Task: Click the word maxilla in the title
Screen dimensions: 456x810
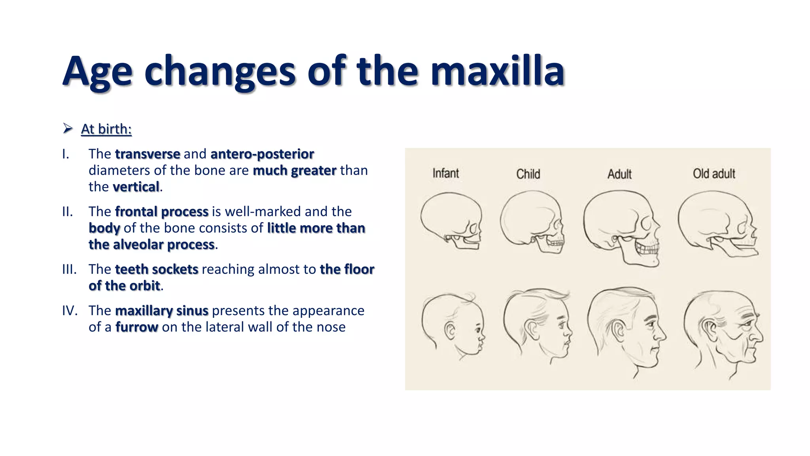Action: (x=497, y=72)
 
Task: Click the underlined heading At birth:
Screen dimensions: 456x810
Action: (x=106, y=129)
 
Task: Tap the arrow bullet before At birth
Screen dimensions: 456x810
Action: (x=68, y=128)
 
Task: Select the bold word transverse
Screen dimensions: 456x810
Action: (x=148, y=154)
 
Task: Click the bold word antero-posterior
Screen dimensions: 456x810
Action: (x=262, y=154)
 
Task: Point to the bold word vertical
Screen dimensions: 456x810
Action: (x=136, y=186)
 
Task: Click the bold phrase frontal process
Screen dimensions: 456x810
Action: (x=161, y=211)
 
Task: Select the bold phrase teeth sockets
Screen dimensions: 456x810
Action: (x=157, y=269)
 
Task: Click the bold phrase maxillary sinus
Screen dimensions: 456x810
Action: (x=161, y=311)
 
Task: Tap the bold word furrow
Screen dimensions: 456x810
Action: (x=136, y=327)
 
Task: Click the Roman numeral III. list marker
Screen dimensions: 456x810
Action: (x=69, y=269)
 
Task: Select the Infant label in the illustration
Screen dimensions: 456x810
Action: (x=446, y=173)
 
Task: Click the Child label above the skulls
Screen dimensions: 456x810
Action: (x=528, y=174)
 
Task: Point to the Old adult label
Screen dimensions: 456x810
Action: (x=713, y=173)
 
